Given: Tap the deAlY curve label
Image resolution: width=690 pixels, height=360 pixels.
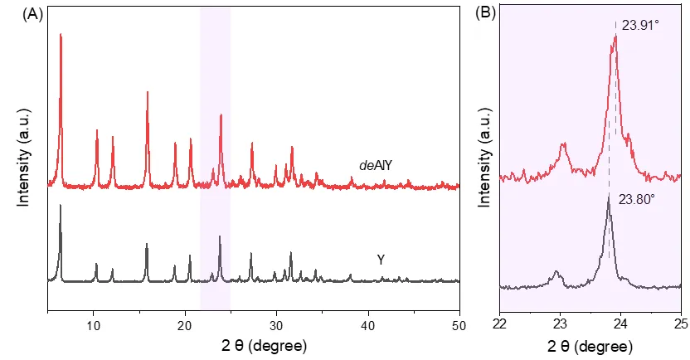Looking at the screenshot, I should point(375,165).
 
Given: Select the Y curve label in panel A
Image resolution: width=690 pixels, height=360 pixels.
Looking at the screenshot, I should point(381,260).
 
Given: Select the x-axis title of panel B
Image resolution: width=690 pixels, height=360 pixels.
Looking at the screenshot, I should point(590,343).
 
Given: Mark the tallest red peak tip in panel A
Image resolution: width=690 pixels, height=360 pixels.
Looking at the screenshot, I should point(61,35).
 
